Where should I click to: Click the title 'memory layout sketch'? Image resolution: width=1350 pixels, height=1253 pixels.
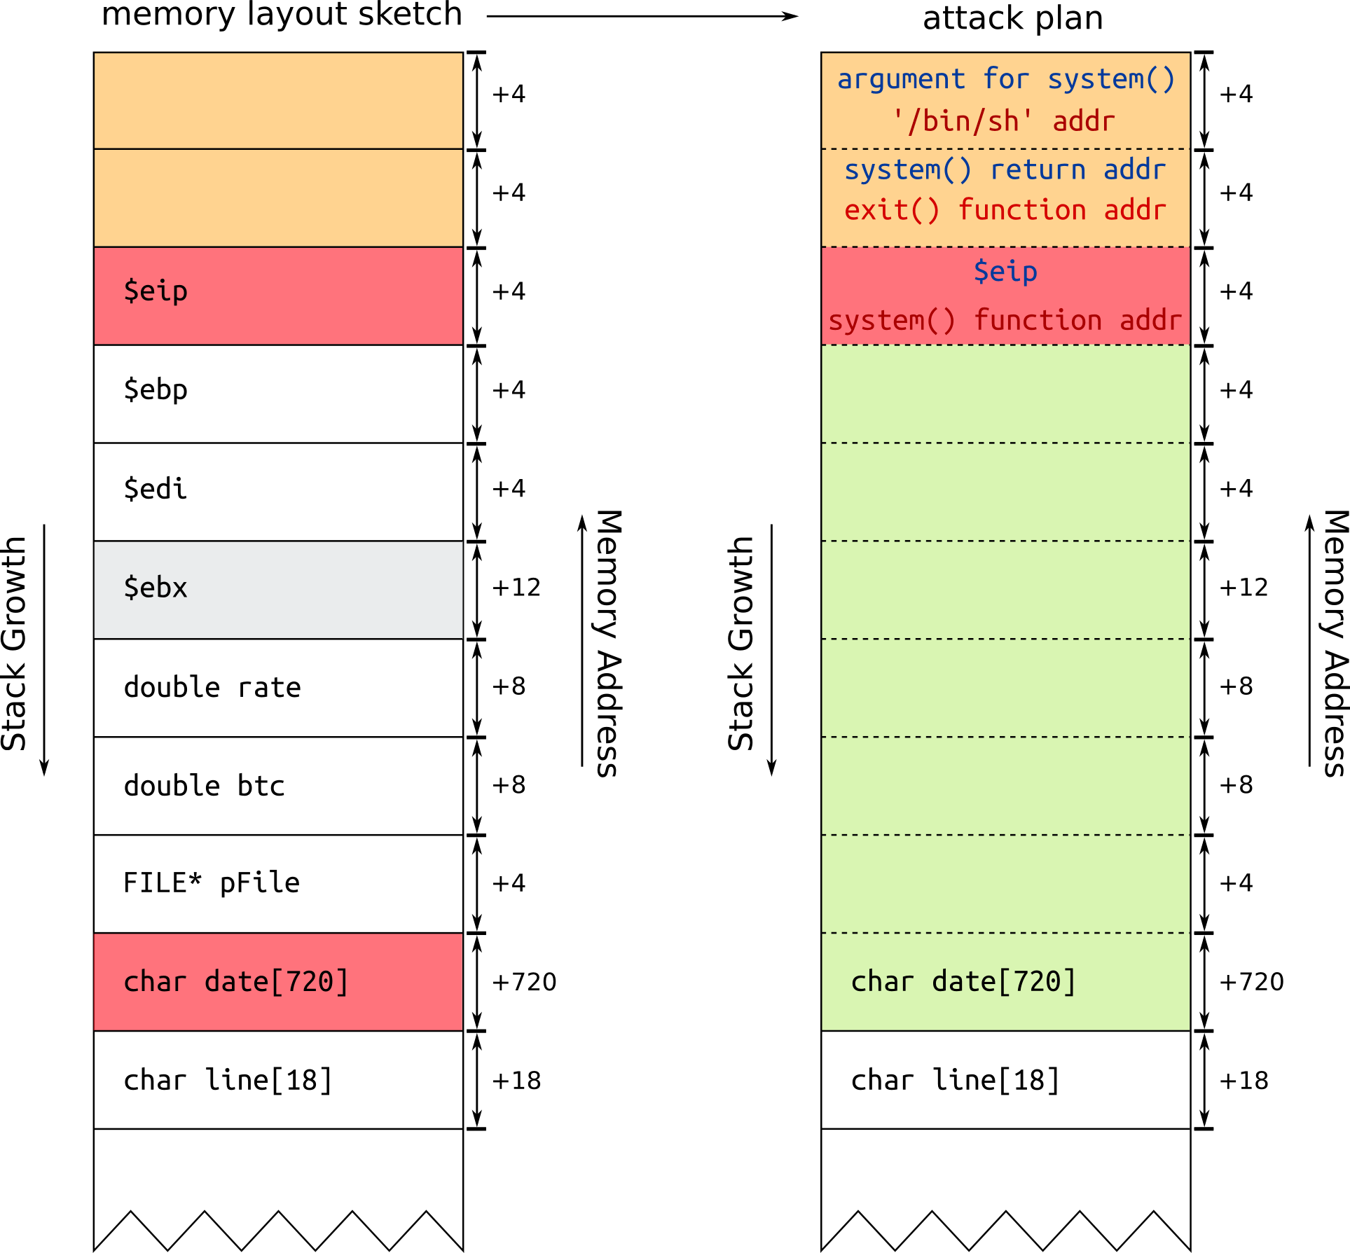[x=282, y=14]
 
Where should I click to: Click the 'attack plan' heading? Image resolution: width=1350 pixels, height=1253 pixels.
[x=1012, y=18]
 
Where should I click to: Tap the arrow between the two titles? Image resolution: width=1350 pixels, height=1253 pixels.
[x=642, y=16]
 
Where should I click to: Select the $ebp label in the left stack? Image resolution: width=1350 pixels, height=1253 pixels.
[x=156, y=390]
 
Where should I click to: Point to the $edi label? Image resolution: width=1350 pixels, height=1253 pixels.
[x=156, y=489]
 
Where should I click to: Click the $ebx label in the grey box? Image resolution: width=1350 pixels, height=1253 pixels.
[x=156, y=588]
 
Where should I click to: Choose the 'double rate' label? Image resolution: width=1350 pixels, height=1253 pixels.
[x=212, y=687]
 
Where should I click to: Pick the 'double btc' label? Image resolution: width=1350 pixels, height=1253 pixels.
[x=204, y=786]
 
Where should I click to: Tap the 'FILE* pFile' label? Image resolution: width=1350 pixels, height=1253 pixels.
[x=211, y=883]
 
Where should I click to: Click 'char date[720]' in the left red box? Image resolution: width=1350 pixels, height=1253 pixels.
[x=235, y=982]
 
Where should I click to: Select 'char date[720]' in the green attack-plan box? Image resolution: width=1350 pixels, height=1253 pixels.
[x=963, y=982]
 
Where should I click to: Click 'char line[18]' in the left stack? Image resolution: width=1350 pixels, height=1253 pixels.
[x=227, y=1080]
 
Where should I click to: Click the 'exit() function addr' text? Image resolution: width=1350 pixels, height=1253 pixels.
[x=1005, y=210]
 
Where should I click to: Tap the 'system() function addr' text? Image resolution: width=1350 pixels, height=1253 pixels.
[x=1005, y=320]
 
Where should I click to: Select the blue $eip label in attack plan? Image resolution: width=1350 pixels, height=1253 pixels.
[x=1005, y=271]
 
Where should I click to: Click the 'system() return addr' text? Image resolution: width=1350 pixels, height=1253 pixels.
[x=1005, y=169]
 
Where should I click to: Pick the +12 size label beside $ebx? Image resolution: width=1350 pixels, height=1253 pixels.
[x=516, y=588]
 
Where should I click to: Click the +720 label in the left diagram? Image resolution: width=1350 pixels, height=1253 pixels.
[x=524, y=982]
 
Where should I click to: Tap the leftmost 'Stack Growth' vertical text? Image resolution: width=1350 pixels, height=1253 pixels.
[x=14, y=643]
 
